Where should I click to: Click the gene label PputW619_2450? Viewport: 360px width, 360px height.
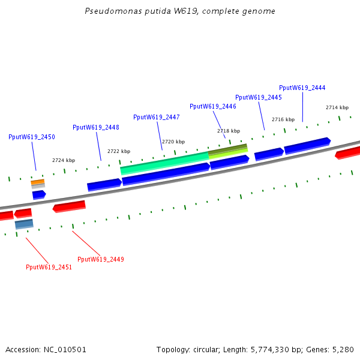click(32, 137)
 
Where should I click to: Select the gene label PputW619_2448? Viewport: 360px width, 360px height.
click(96, 127)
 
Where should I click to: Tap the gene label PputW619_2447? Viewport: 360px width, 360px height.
click(156, 117)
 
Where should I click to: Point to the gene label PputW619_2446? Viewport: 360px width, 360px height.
click(213, 106)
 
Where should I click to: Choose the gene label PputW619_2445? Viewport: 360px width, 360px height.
click(259, 97)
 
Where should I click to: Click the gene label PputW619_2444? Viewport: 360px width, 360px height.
click(302, 88)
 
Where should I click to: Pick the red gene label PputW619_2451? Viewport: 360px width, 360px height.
click(49, 268)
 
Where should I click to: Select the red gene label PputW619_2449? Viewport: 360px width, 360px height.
click(101, 259)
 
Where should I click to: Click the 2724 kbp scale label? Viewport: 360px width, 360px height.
click(64, 160)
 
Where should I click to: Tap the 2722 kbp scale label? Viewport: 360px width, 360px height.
click(119, 151)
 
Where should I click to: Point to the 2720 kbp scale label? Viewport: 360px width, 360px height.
click(173, 142)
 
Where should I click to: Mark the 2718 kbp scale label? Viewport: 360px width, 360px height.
click(229, 131)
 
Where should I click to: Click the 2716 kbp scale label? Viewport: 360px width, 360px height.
click(283, 119)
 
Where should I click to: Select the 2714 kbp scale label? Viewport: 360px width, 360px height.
click(337, 107)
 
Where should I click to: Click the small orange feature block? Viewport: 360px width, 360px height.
click(38, 182)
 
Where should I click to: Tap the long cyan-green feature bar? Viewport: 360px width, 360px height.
click(164, 162)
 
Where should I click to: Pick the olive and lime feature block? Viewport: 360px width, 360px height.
click(228, 150)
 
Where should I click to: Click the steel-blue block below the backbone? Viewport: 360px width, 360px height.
click(24, 224)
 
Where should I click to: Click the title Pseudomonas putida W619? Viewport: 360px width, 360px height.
click(179, 11)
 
